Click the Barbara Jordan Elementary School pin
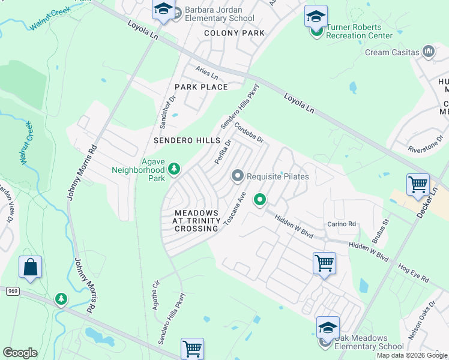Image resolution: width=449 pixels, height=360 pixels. pyautogui.click(x=163, y=10)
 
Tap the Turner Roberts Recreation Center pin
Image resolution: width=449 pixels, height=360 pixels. pyautogui.click(x=315, y=18)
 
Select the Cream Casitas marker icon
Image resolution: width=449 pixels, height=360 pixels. pyautogui.click(x=429, y=52)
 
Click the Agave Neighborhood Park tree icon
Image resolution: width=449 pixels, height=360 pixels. pyautogui.click(x=174, y=170)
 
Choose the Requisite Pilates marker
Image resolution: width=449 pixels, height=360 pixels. pyautogui.click(x=238, y=176)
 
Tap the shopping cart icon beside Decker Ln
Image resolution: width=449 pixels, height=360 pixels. pyautogui.click(x=418, y=185)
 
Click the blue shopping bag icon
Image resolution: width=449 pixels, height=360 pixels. pyautogui.click(x=31, y=267)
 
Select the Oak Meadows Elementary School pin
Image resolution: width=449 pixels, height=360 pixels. pyautogui.click(x=328, y=329)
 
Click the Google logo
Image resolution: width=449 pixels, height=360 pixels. pyautogui.click(x=20, y=352)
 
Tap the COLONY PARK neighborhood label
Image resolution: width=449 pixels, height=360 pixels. pyautogui.click(x=234, y=33)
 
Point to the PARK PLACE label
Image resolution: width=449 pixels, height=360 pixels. pyautogui.click(x=201, y=87)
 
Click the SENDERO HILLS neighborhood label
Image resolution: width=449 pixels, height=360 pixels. pyautogui.click(x=187, y=140)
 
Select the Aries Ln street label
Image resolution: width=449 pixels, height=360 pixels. pyautogui.click(x=206, y=72)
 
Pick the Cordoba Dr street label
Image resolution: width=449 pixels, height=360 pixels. pyautogui.click(x=249, y=133)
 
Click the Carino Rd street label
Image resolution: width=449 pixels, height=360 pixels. pyautogui.click(x=342, y=224)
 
